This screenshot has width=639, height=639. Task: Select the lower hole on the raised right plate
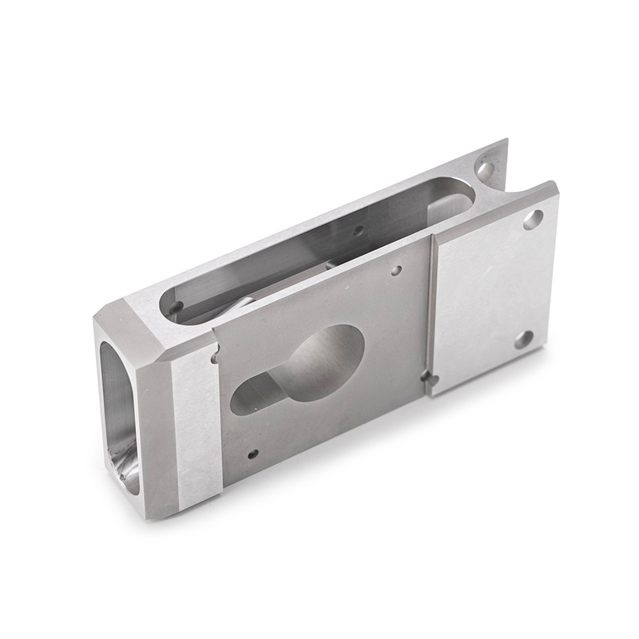tap(523, 339)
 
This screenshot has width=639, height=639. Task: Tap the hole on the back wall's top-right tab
tap(485, 169)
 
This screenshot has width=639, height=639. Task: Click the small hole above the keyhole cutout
tap(396, 271)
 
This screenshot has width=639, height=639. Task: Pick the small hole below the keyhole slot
tap(253, 454)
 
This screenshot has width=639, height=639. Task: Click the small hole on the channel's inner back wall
tap(359, 231)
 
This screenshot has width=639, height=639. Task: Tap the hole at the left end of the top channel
tap(176, 307)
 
